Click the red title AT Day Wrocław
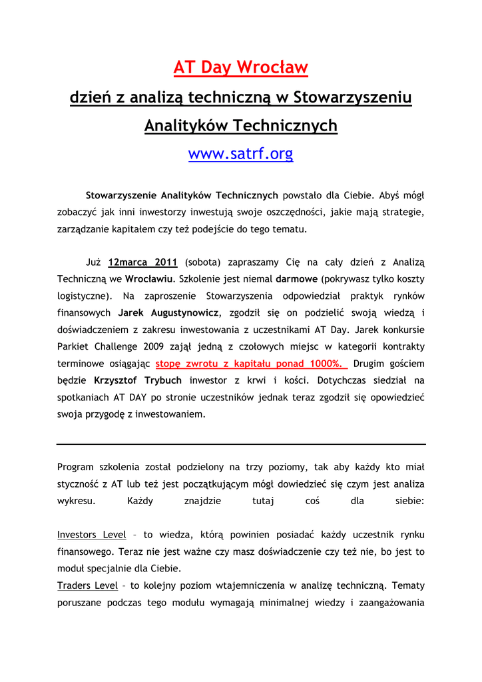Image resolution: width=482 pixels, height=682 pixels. (x=240, y=68)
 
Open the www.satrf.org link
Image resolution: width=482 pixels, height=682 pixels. (x=240, y=154)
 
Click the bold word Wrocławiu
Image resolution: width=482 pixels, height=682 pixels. (x=150, y=278)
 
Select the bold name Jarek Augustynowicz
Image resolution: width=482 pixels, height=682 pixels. (x=168, y=312)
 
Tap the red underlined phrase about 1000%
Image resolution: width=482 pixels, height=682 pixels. (x=252, y=364)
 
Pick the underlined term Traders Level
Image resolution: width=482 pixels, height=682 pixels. (x=87, y=585)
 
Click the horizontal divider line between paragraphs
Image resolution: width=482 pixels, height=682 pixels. (x=241, y=444)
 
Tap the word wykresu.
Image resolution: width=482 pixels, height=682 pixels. (x=76, y=501)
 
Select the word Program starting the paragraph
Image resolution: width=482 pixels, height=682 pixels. (x=76, y=467)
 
